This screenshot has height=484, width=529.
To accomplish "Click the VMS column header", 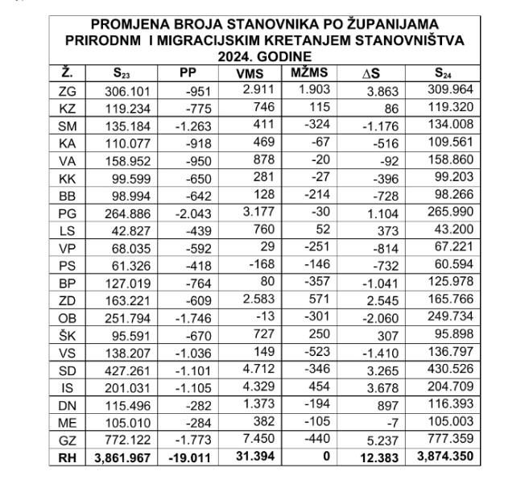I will (x=253, y=74).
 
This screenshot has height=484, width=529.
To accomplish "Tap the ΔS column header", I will (x=372, y=75).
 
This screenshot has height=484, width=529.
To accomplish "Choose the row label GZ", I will (x=68, y=440).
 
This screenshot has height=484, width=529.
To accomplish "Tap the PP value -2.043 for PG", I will (x=194, y=213).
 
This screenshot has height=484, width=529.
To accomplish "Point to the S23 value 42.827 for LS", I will (x=131, y=231).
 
